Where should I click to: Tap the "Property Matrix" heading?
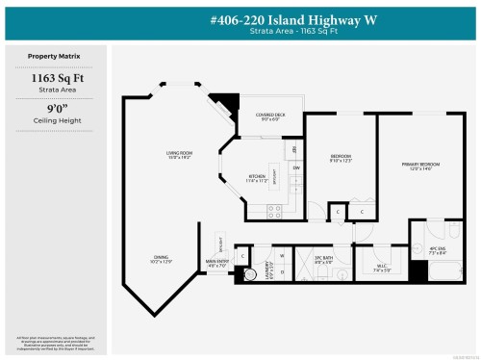pos(54,58)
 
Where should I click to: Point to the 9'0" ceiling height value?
pos(54,113)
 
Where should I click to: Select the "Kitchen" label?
pos(257,178)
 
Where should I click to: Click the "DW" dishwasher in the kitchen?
pos(296,168)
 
